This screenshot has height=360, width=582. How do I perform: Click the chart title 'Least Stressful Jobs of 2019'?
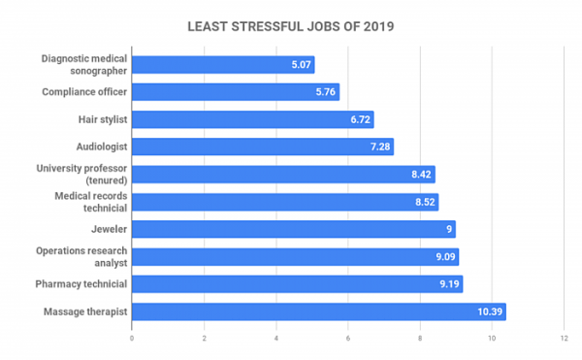[x=291, y=26]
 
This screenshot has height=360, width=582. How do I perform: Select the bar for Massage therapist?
[x=318, y=311]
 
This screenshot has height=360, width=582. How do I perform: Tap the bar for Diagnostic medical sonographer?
[x=223, y=65]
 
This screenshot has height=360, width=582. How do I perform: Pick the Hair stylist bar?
[x=252, y=119]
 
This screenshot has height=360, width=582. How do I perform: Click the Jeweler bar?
[x=293, y=229]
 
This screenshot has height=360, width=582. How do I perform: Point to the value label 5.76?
[x=324, y=92]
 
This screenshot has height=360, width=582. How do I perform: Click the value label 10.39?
[x=488, y=311]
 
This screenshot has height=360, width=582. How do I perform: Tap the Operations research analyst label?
[x=82, y=257]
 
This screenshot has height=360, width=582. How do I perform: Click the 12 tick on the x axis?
[x=564, y=339]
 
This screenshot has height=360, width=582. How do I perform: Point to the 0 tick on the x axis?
[x=132, y=339]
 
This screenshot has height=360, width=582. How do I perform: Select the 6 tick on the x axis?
[x=348, y=339]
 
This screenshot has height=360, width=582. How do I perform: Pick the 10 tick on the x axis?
[x=492, y=339]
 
